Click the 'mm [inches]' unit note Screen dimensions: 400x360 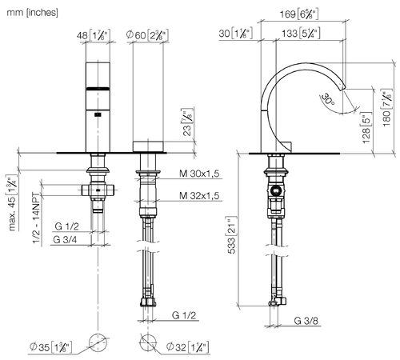[32, 13]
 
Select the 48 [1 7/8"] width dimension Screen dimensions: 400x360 [94, 35]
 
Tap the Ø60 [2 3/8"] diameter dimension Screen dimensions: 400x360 [147, 35]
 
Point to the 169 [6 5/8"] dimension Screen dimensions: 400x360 [299, 14]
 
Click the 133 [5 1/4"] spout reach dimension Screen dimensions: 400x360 [301, 34]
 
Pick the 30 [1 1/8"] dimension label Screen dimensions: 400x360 [235, 34]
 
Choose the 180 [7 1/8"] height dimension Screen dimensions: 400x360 [387, 108]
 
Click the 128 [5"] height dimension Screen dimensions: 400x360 [366, 127]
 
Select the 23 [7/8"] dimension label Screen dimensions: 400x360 [188, 122]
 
